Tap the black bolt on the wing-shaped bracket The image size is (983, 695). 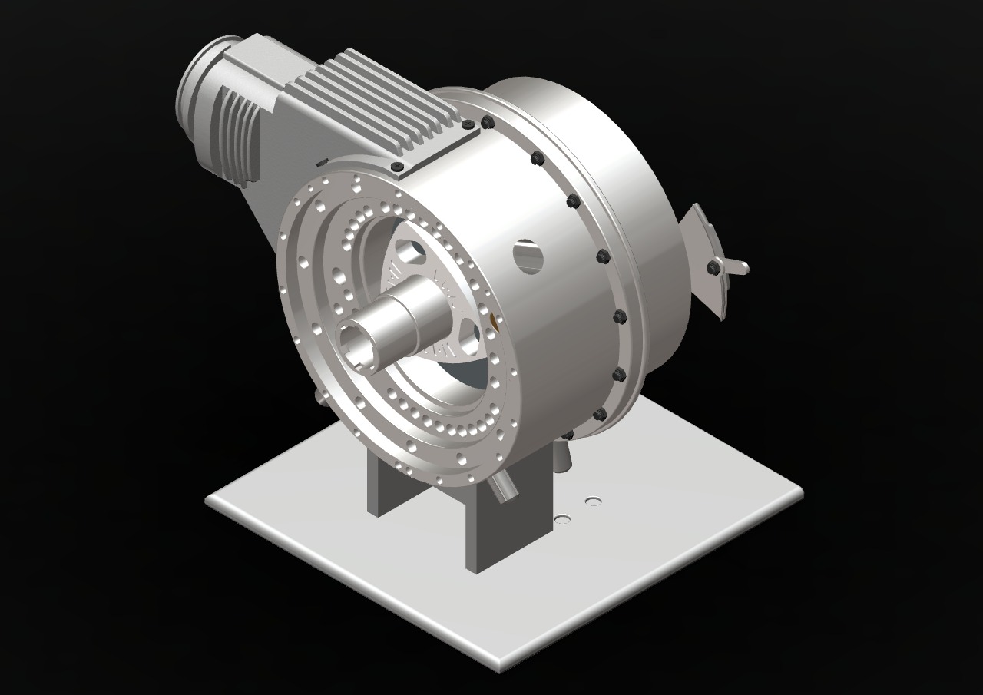[713, 267]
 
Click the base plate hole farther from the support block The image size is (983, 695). [593, 501]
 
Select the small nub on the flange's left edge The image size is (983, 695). [316, 395]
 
